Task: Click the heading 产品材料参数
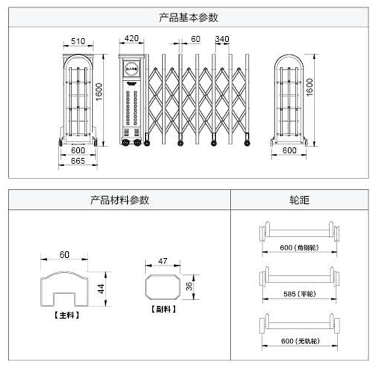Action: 119,200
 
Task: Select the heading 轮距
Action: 299,200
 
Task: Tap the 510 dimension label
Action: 78,42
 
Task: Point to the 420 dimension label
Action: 131,38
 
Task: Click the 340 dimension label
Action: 222,39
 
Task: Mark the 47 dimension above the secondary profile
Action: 163,261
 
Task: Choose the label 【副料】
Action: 163,309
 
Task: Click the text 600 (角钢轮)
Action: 299,248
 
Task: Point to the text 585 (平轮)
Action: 299,294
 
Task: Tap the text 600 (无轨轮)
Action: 299,340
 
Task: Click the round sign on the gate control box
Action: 131,68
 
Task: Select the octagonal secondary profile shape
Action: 163,287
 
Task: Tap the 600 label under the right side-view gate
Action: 288,150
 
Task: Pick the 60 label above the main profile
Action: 64,254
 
